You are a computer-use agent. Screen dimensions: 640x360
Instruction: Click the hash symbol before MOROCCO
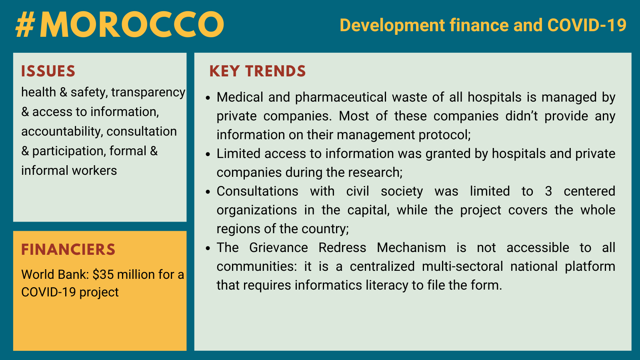26,25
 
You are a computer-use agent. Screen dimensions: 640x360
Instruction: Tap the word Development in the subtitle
392,25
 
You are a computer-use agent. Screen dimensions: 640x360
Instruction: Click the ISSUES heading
48,71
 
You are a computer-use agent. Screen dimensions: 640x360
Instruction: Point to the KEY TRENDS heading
258,71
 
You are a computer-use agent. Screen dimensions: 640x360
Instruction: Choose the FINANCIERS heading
68,250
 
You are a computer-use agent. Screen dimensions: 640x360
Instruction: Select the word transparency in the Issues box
148,93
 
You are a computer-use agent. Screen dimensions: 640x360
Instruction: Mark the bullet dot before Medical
208,98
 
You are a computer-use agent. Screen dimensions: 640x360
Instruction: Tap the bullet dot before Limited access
208,154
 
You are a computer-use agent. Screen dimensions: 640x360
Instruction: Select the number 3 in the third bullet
548,191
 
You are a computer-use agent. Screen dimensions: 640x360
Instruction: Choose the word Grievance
278,248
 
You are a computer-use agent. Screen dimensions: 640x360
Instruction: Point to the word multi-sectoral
462,266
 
